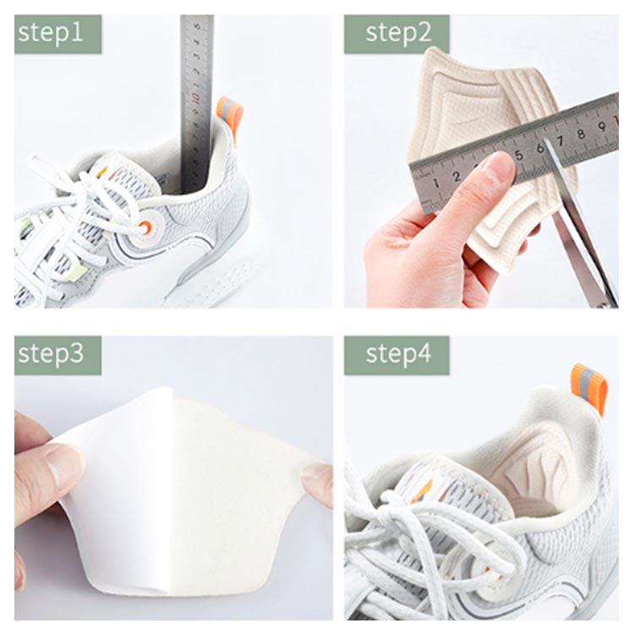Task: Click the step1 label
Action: pos(51,32)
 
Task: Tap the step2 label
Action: pos(398,33)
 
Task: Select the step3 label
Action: pos(51,354)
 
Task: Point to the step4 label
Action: pos(398,354)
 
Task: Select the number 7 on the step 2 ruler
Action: pos(560,140)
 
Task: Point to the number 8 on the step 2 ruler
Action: pos(581,134)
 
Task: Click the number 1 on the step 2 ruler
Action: pos(436,183)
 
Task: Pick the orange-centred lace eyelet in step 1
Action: pos(145,227)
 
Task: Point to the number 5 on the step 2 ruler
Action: pos(519,156)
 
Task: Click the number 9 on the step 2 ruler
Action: pos(602,127)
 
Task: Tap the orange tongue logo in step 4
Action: pos(422,491)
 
